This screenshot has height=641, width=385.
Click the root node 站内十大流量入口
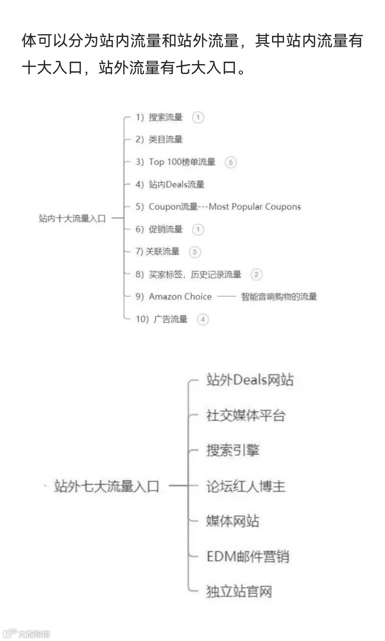tap(72, 218)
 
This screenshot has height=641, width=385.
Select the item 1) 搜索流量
tap(159, 117)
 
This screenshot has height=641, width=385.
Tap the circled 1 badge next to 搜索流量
tap(198, 117)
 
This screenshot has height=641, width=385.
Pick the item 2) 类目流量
tap(159, 139)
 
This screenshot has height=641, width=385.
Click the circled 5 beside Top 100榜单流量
tap(230, 162)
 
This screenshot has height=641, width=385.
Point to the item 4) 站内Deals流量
tap(170, 184)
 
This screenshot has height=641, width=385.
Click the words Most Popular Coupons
tap(255, 207)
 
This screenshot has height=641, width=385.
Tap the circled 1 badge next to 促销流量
tap(198, 229)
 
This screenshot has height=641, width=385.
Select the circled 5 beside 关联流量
tap(195, 252)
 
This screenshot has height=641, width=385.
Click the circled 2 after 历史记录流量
tap(256, 274)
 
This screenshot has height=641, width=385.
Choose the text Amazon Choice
tap(180, 296)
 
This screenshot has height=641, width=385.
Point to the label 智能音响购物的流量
tap(279, 296)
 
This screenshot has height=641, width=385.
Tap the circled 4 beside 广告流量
tap(202, 319)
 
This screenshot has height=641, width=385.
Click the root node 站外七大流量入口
tap(107, 486)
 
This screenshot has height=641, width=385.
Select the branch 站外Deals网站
tap(250, 380)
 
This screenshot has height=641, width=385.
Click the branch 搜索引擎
tap(233, 450)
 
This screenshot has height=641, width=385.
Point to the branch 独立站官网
tap(239, 592)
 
